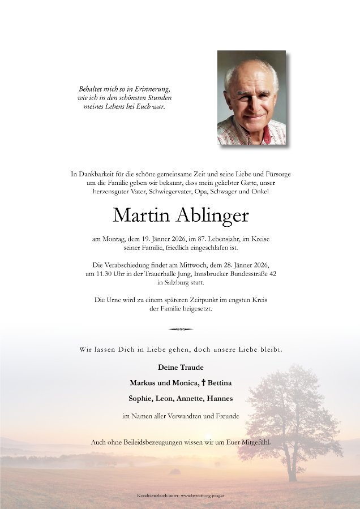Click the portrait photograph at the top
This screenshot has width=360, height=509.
[251, 98]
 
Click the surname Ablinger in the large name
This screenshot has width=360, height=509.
[213, 215]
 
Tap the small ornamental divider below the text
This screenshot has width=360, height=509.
[180, 329]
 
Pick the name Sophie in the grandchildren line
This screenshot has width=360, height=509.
[140, 398]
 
